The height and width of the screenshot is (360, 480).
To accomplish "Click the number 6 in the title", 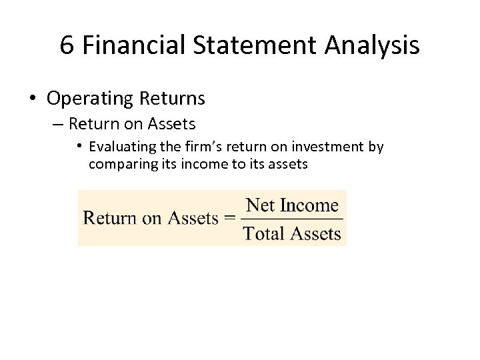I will [x=66, y=45].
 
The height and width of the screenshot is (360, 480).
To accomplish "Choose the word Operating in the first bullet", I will [x=91, y=99].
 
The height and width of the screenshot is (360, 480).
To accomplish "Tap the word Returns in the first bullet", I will [x=173, y=99].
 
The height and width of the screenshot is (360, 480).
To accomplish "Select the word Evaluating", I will [x=124, y=147].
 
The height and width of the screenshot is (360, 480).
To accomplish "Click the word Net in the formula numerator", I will [x=261, y=205].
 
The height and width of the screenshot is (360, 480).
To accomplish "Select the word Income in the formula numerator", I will [x=310, y=205].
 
